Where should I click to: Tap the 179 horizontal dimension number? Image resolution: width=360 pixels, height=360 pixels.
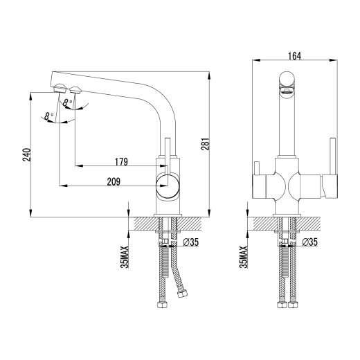[122, 162]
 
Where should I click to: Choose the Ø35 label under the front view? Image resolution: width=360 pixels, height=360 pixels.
[309, 242]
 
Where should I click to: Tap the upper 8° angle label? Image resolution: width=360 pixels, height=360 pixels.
[66, 104]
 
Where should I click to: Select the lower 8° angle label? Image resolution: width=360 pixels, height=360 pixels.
[46, 117]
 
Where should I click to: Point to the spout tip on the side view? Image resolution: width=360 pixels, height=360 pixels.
[60, 88]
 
